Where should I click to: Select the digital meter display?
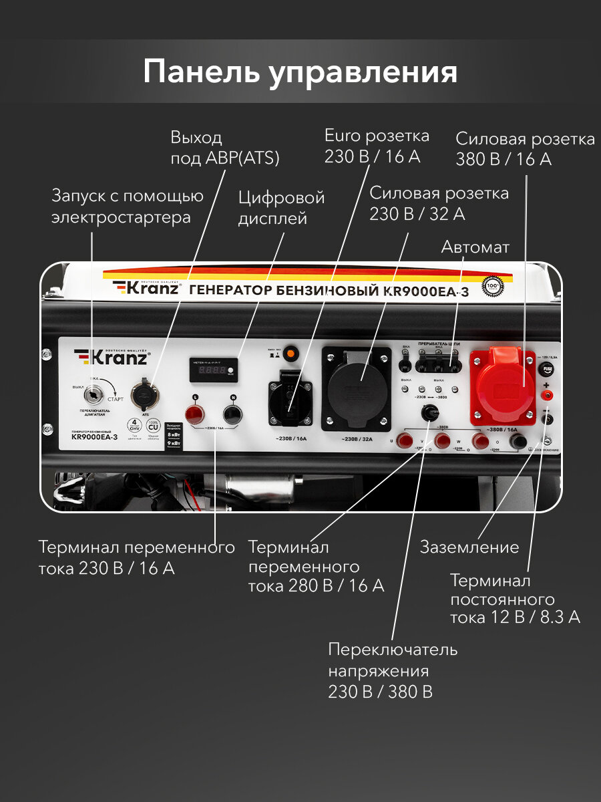[214, 370]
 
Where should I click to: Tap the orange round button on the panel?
[290, 353]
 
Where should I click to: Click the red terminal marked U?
[403, 440]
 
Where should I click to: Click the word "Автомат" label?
[475, 247]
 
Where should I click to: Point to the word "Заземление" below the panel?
[469, 547]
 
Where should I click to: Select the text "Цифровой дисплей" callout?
[281, 208]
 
